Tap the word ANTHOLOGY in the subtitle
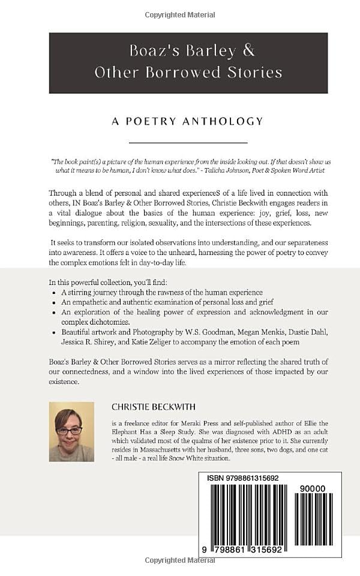227,121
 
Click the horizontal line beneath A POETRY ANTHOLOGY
188,143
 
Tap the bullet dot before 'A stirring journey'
55,292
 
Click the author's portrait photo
71,431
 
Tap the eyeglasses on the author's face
70,430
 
